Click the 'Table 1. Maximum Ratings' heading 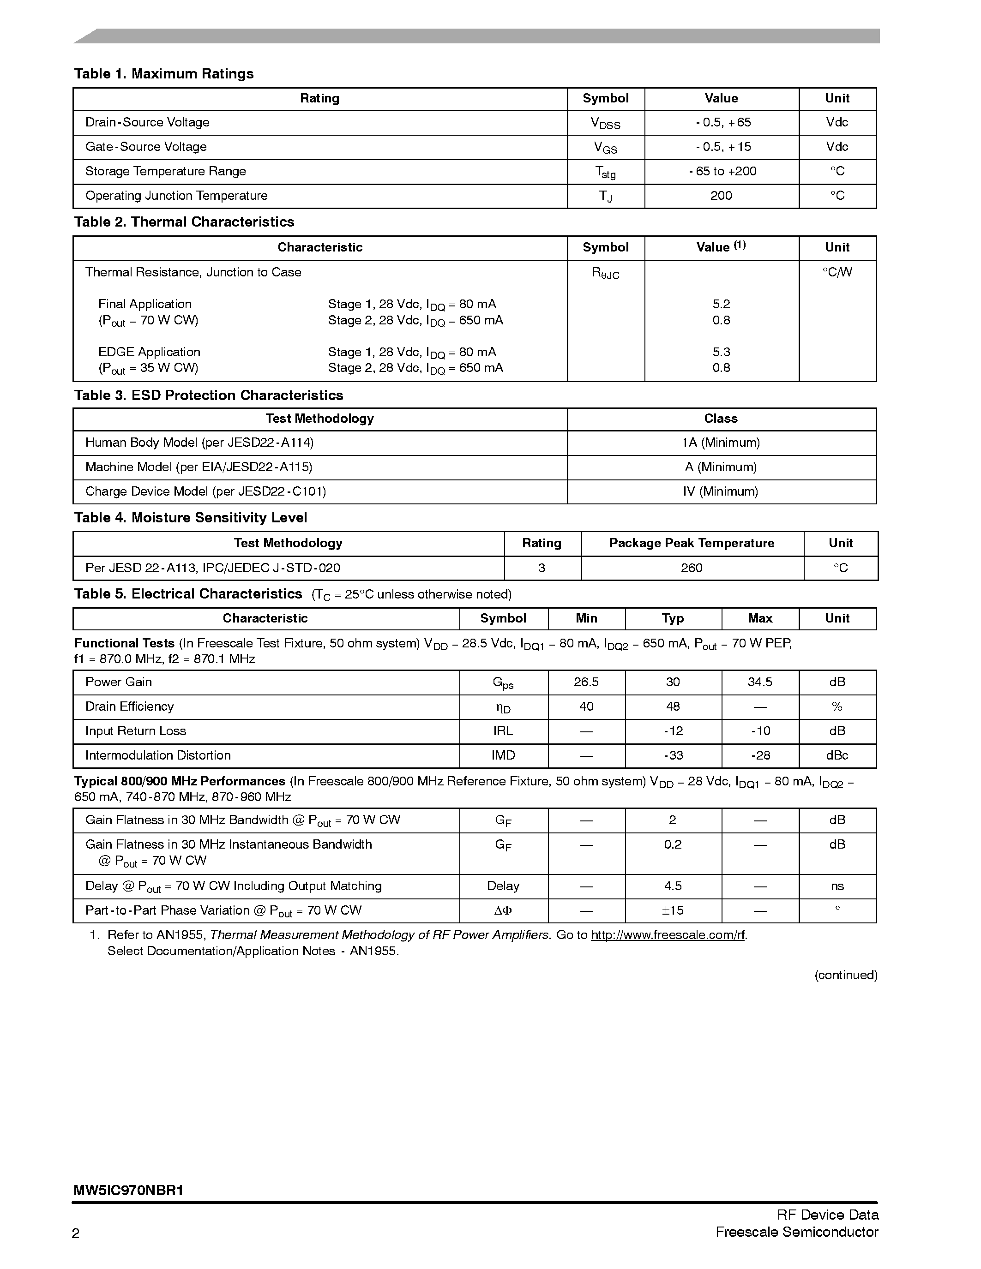pyautogui.click(x=164, y=74)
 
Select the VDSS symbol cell pyautogui.click(x=606, y=123)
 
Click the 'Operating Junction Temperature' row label pyautogui.click(x=177, y=196)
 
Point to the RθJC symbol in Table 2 pyautogui.click(x=606, y=273)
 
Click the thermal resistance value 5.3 pyautogui.click(x=721, y=352)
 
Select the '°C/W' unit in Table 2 pyautogui.click(x=837, y=273)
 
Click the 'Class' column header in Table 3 pyautogui.click(x=721, y=419)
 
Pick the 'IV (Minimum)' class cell pyautogui.click(x=721, y=491)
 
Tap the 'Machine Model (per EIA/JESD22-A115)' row pyautogui.click(x=199, y=467)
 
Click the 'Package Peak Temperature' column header pyautogui.click(x=692, y=543)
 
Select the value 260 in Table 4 pyautogui.click(x=692, y=568)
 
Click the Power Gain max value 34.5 pyautogui.click(x=759, y=682)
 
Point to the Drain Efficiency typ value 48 pyautogui.click(x=673, y=706)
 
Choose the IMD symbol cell pyautogui.click(x=503, y=755)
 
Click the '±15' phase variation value pyautogui.click(x=673, y=910)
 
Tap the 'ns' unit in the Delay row pyautogui.click(x=837, y=886)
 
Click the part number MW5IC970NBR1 pyautogui.click(x=128, y=1191)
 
